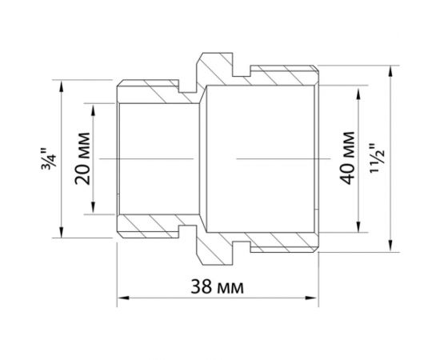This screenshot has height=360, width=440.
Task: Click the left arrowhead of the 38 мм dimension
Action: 122,299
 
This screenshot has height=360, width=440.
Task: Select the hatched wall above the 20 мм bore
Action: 160,92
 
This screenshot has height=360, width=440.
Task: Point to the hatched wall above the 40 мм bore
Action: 280,75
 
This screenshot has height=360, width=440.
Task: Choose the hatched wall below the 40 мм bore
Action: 280,242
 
